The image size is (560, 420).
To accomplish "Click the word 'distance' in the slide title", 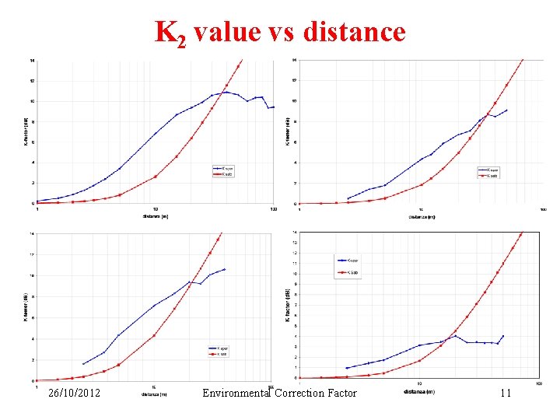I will [356, 33].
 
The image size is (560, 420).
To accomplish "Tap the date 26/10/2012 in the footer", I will [74, 393].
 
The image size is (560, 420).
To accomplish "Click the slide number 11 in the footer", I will [506, 393].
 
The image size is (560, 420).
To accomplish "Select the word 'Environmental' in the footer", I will [237, 393].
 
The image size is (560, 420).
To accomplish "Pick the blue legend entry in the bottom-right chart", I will [348, 260].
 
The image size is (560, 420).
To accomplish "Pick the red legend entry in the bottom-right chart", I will [348, 273].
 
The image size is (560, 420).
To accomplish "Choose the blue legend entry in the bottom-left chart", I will [218, 348].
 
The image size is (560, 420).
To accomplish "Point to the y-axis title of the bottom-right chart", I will [288, 306].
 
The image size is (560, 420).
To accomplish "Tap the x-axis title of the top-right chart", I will [421, 217].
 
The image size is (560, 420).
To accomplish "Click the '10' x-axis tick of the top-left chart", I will [155, 208].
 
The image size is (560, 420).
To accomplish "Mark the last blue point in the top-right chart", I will [506, 110].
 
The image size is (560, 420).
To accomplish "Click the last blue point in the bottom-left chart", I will [224, 269].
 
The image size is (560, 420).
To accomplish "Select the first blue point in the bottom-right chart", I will [347, 368].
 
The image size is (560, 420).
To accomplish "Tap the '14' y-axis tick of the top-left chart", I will [31, 60].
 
